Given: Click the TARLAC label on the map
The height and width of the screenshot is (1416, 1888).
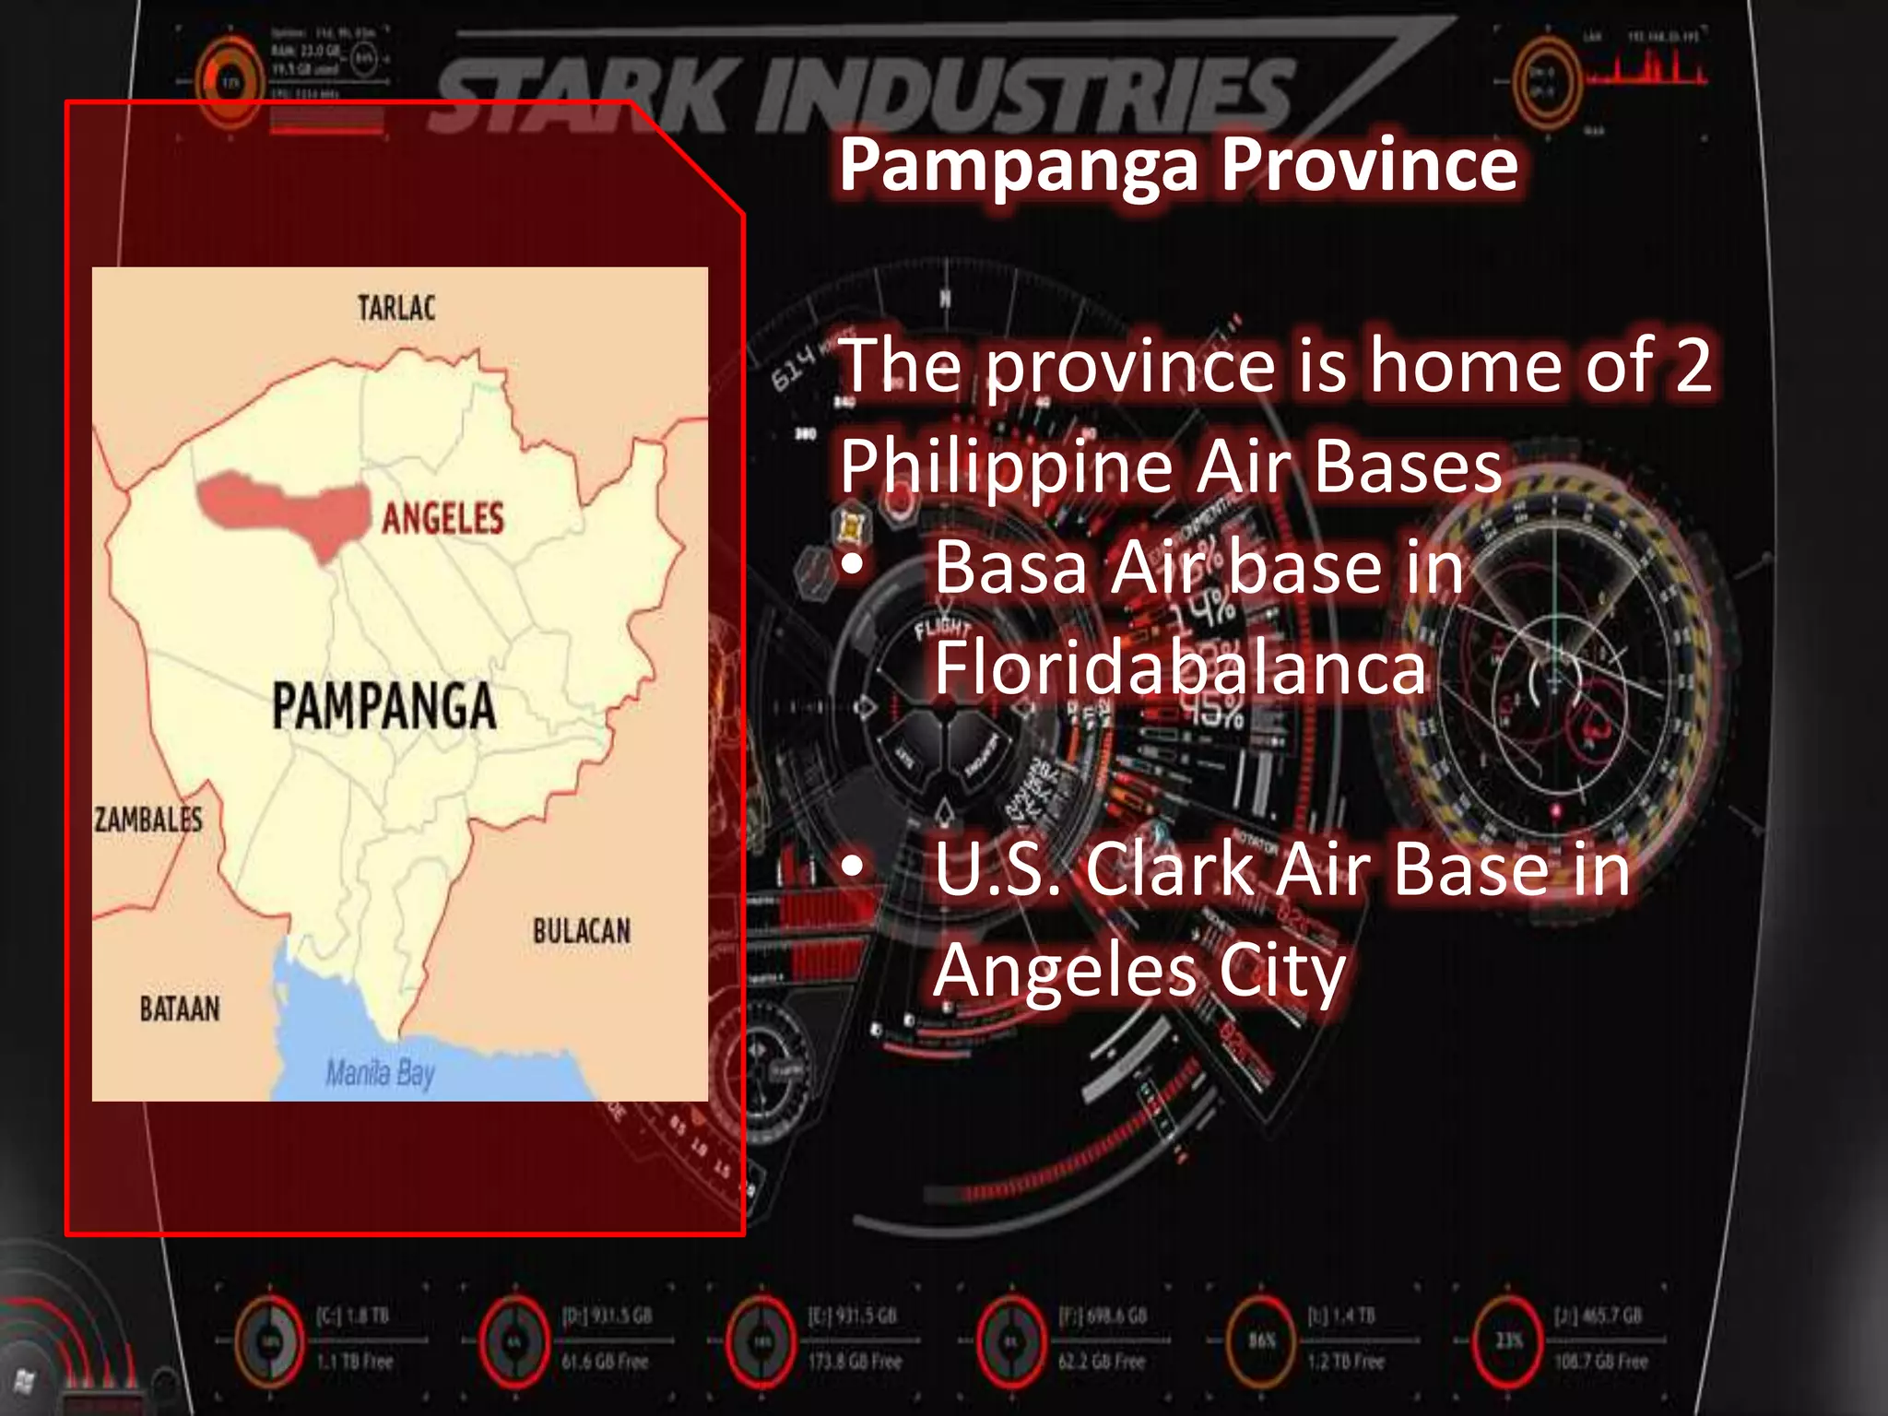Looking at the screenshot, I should pyautogui.click(x=396, y=308).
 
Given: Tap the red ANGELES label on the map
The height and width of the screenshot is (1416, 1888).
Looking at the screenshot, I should pyautogui.click(x=442, y=518).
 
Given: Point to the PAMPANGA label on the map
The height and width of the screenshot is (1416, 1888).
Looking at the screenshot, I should pyautogui.click(x=383, y=706).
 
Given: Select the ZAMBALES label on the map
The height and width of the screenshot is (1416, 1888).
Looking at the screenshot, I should pyautogui.click(x=148, y=819).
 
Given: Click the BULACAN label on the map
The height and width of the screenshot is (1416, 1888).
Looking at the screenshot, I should pyautogui.click(x=582, y=931).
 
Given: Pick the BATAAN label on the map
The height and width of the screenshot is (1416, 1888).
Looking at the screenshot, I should pyautogui.click(x=180, y=1009).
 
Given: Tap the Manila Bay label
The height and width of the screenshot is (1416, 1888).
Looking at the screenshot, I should pyautogui.click(x=380, y=1073).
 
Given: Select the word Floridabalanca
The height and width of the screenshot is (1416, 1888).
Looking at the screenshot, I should pyautogui.click(x=1180, y=667).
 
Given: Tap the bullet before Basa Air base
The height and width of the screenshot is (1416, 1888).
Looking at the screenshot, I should pyautogui.click(x=853, y=564).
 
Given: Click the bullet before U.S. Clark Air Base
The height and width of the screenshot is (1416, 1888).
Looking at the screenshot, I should pyautogui.click(x=853, y=867).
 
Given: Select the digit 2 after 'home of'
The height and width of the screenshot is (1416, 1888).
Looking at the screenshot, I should pyautogui.click(x=1693, y=365).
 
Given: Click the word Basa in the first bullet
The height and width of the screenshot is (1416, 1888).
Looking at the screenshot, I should pyautogui.click(x=1011, y=568).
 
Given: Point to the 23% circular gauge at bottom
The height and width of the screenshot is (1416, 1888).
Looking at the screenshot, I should pyautogui.click(x=1508, y=1339).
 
